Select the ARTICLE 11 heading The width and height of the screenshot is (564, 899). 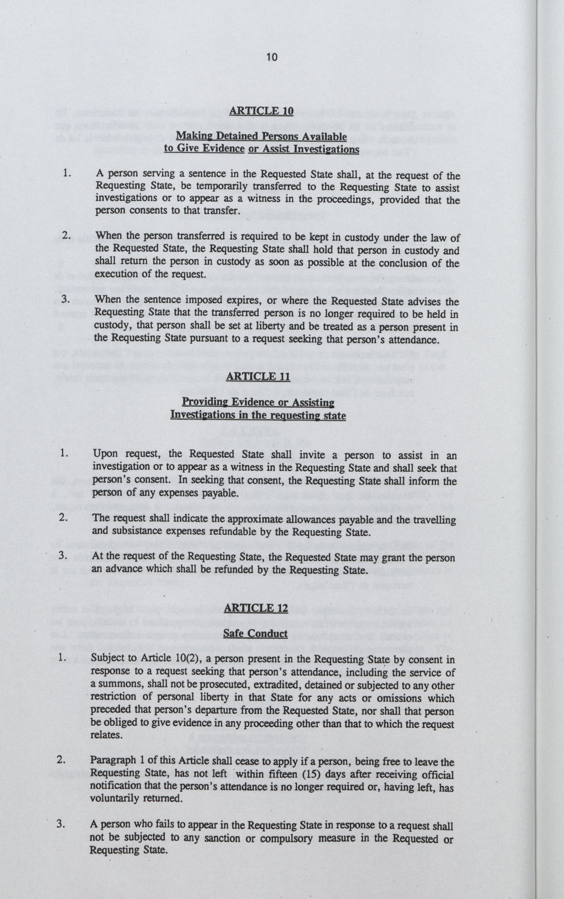[258, 376]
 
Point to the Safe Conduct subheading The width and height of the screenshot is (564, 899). [255, 634]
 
